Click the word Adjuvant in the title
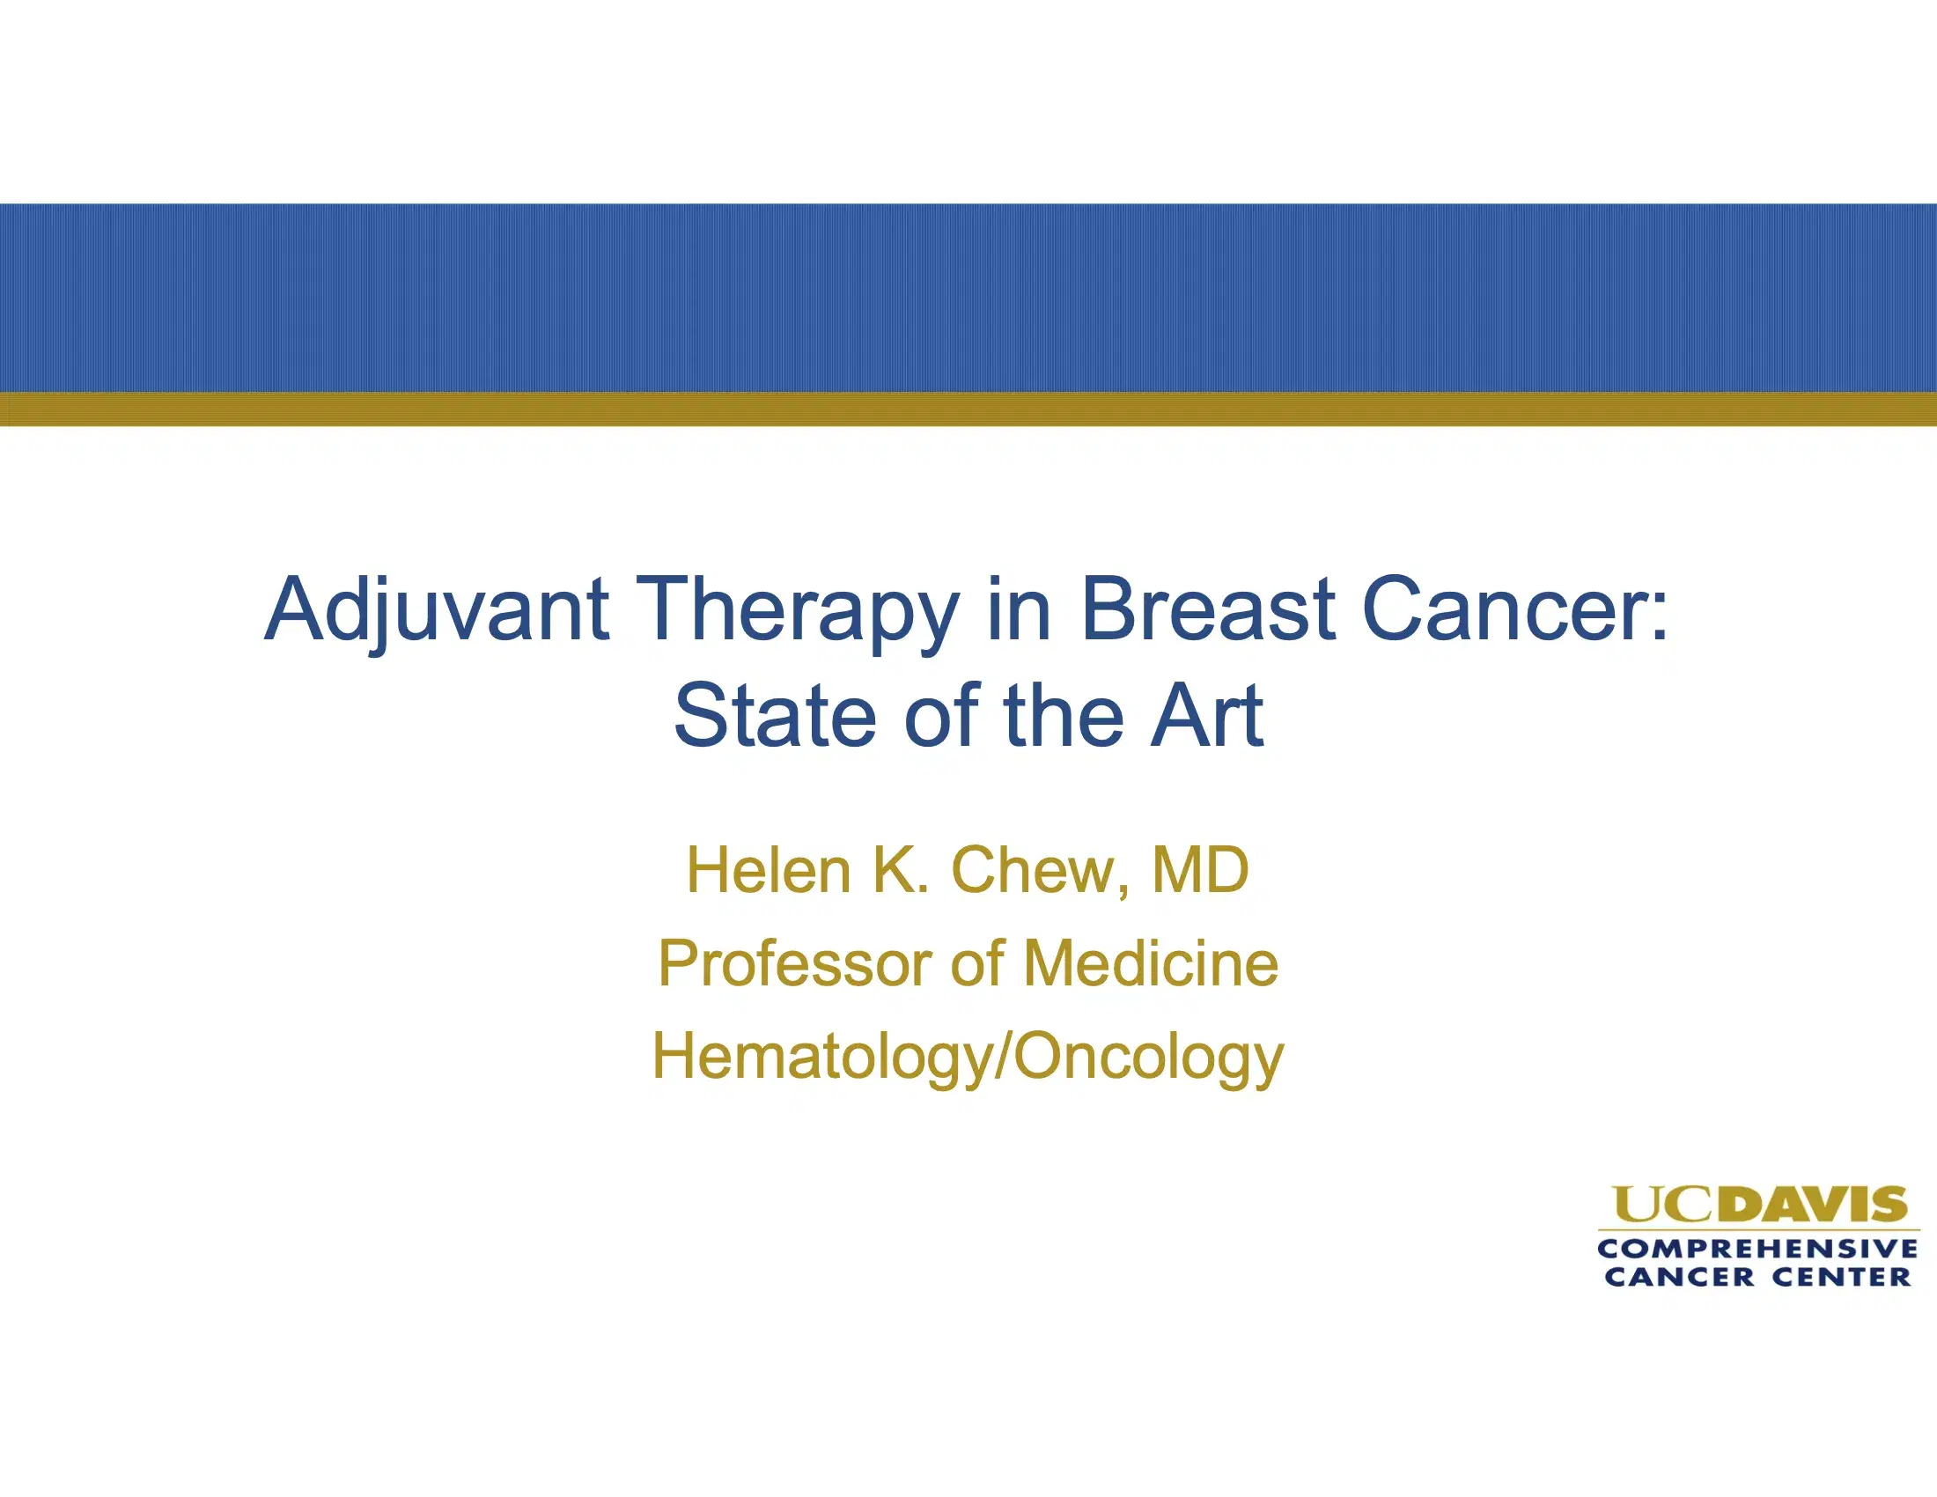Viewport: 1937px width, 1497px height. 437,610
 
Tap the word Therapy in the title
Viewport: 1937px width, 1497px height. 798,610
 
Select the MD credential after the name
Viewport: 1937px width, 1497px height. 1200,870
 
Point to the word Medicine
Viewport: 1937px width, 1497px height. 1152,964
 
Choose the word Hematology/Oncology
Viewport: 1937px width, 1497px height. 968,1057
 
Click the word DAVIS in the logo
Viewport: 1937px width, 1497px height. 1818,1205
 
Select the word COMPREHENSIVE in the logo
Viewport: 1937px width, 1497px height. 1758,1249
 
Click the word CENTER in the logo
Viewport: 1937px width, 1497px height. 1841,1277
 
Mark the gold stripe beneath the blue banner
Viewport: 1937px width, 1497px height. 968,409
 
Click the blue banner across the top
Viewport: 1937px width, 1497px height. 968,297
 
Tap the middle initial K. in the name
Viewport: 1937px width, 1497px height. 900,870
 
